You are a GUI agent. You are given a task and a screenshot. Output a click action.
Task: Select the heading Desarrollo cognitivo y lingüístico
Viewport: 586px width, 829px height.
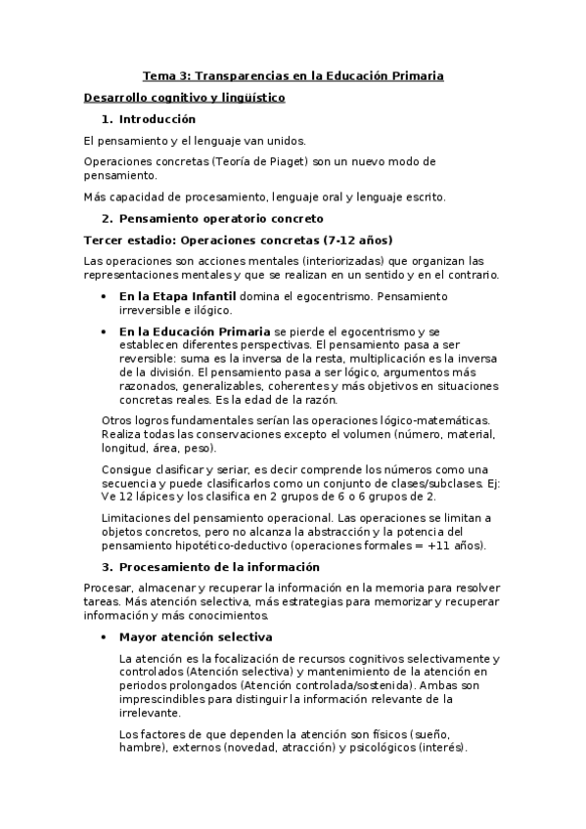point(184,98)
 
